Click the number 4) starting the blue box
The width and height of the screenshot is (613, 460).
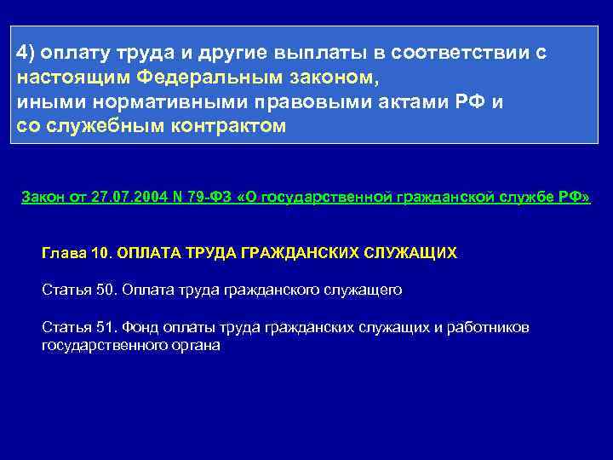coord(26,53)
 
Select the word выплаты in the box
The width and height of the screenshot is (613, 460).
coord(317,53)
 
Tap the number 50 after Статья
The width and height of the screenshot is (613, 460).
coord(105,290)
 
